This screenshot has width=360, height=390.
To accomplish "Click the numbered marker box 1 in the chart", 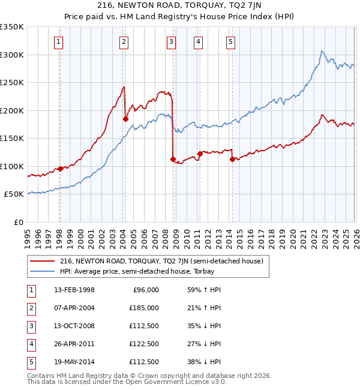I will (59, 41).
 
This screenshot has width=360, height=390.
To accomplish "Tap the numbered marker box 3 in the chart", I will (172, 41).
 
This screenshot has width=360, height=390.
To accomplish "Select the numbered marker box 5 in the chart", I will (231, 41).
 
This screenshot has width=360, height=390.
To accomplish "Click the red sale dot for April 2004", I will (125, 119).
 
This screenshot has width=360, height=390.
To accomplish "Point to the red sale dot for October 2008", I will (173, 160).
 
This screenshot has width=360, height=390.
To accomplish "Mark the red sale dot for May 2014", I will (232, 160).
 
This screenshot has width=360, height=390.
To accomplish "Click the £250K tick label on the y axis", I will (12, 82).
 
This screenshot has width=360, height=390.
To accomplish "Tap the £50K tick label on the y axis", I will (14, 194).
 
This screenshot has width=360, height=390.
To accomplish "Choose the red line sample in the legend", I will (43, 261).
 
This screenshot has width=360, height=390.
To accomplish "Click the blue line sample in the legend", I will (43, 271).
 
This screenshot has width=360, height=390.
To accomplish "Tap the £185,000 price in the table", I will (144, 308).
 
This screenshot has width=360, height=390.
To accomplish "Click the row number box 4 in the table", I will (31, 344).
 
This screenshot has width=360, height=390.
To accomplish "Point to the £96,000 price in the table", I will (146, 290).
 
